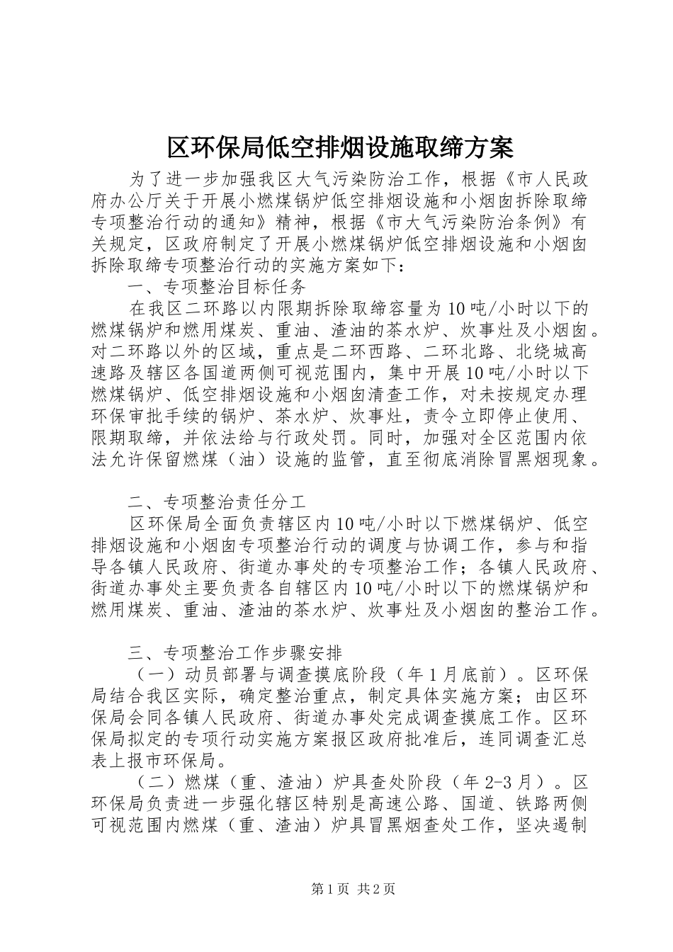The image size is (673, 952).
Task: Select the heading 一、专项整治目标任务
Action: (x=217, y=287)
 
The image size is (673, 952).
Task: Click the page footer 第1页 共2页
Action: (x=354, y=889)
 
